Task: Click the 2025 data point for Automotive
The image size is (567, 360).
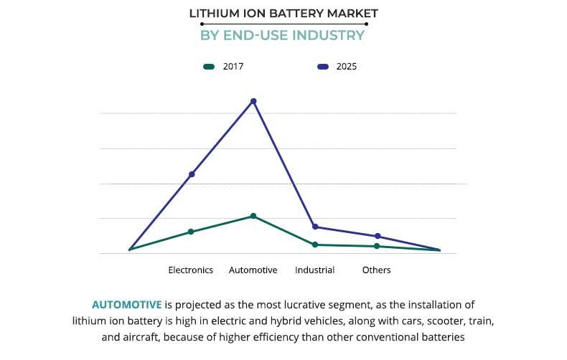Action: pyautogui.click(x=253, y=101)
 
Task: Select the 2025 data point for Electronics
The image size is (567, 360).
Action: pyautogui.click(x=192, y=174)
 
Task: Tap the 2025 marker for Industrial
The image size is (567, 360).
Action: pyautogui.click(x=315, y=227)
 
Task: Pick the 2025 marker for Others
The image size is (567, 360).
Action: pyautogui.click(x=378, y=236)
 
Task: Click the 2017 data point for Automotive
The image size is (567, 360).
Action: pyautogui.click(x=253, y=216)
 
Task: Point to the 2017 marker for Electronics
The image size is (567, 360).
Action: pyautogui.click(x=191, y=232)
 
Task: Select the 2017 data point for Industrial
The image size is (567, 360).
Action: pyautogui.click(x=315, y=245)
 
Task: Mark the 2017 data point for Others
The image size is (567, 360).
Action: pyautogui.click(x=377, y=246)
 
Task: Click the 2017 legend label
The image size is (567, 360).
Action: pyautogui.click(x=233, y=67)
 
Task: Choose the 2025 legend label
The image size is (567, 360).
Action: pyautogui.click(x=347, y=67)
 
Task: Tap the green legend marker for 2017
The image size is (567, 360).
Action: pyautogui.click(x=210, y=67)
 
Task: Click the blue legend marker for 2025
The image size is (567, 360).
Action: pyautogui.click(x=323, y=67)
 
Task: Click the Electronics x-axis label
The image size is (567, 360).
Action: pyautogui.click(x=191, y=270)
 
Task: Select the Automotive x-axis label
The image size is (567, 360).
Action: pyautogui.click(x=253, y=270)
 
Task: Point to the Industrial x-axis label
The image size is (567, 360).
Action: pyautogui.click(x=314, y=270)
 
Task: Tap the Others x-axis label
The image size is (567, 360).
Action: pyautogui.click(x=377, y=270)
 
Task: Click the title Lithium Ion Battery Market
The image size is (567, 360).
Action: pyautogui.click(x=283, y=13)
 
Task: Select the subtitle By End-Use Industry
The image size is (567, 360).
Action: pyautogui.click(x=283, y=35)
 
